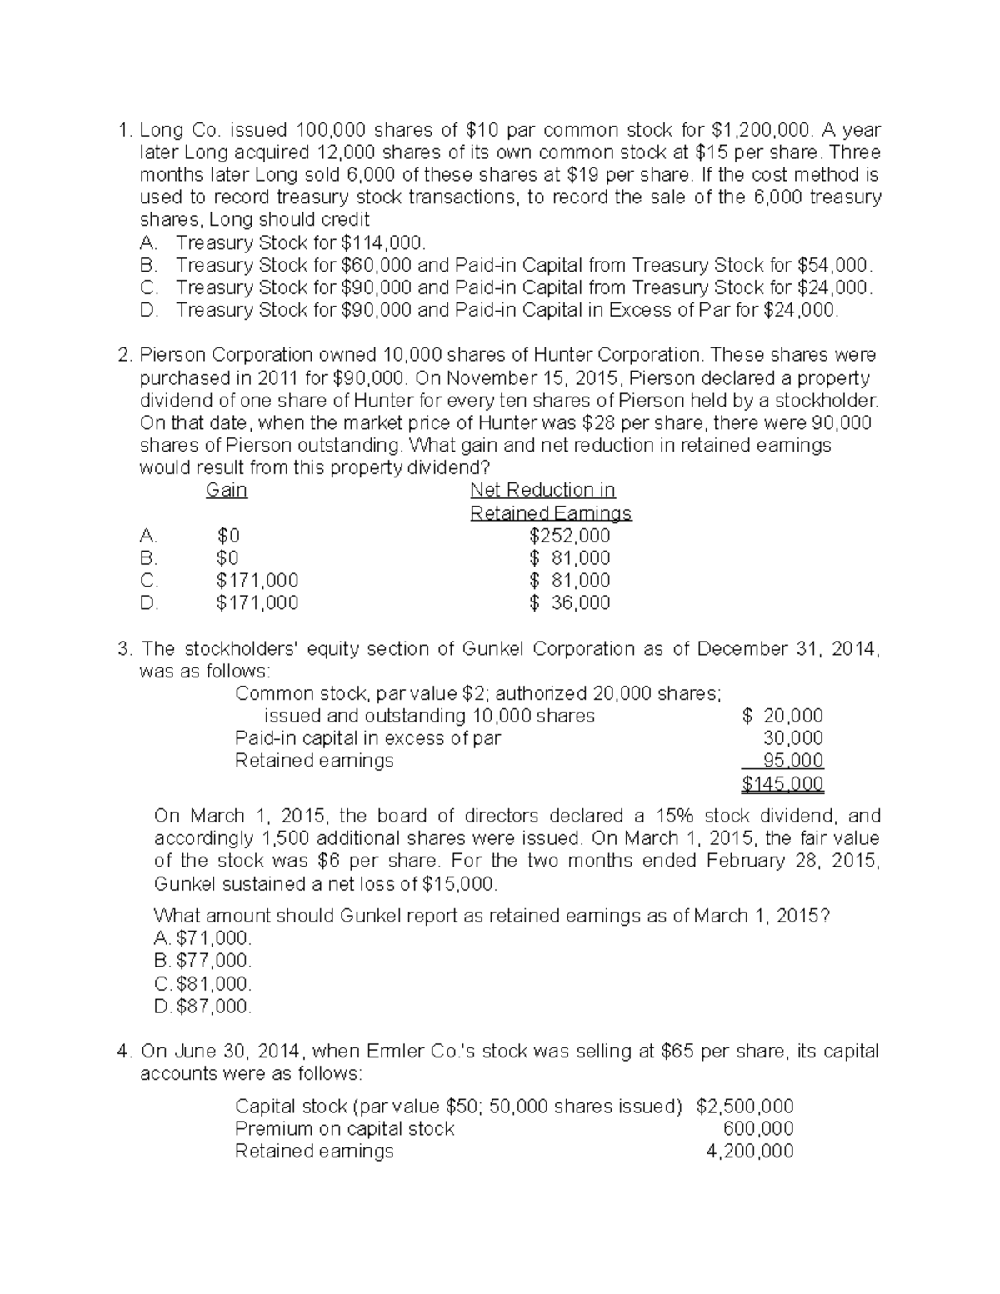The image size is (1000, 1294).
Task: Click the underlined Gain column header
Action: (x=227, y=490)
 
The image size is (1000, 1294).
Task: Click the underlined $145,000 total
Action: (x=782, y=784)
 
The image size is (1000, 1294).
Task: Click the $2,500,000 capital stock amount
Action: (x=745, y=1107)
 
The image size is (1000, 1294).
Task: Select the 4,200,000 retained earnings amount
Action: (x=750, y=1152)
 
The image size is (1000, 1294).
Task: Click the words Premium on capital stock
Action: (x=344, y=1129)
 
